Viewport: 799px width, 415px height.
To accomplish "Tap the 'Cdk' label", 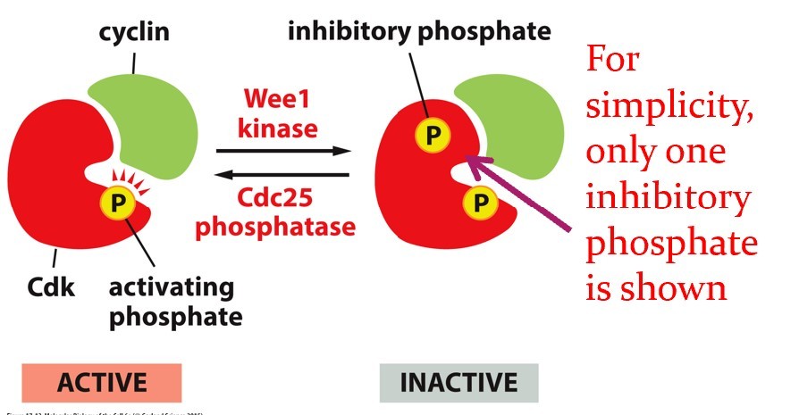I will pyautogui.click(x=53, y=288).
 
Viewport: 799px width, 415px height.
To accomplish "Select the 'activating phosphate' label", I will pyautogui.click(x=171, y=302).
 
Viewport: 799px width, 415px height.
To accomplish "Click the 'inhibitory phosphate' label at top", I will pyautogui.click(x=418, y=32).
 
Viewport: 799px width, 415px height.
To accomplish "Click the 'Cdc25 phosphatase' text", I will pyautogui.click(x=275, y=210).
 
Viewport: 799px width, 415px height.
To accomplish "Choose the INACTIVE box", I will pyautogui.click(x=458, y=384).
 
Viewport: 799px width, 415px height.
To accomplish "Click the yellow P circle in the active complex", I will pyautogui.click(x=116, y=203).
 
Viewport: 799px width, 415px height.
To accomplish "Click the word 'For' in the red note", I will pyautogui.click(x=616, y=62).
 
